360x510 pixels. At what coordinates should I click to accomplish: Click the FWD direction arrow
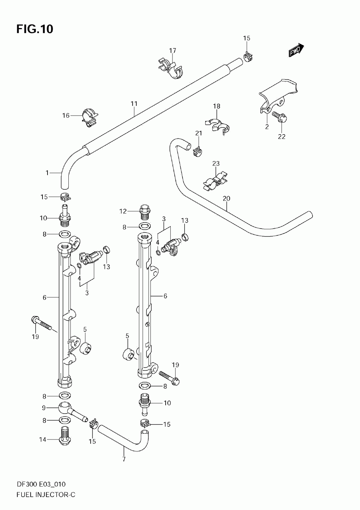[296, 50]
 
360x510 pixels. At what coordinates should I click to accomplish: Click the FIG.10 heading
[35, 29]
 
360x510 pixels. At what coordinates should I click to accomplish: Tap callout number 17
[172, 50]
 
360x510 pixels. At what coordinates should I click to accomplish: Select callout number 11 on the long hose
[134, 104]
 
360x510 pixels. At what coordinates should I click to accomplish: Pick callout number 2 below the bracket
[267, 127]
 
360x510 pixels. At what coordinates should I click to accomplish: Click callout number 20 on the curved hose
[226, 199]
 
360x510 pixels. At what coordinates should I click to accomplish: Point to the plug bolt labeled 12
[145, 212]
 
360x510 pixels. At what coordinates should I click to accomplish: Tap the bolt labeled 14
[65, 437]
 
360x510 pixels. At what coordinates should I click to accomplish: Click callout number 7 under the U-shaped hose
[124, 459]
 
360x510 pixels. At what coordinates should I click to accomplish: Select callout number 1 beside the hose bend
[47, 173]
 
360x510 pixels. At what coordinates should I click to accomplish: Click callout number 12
[123, 211]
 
